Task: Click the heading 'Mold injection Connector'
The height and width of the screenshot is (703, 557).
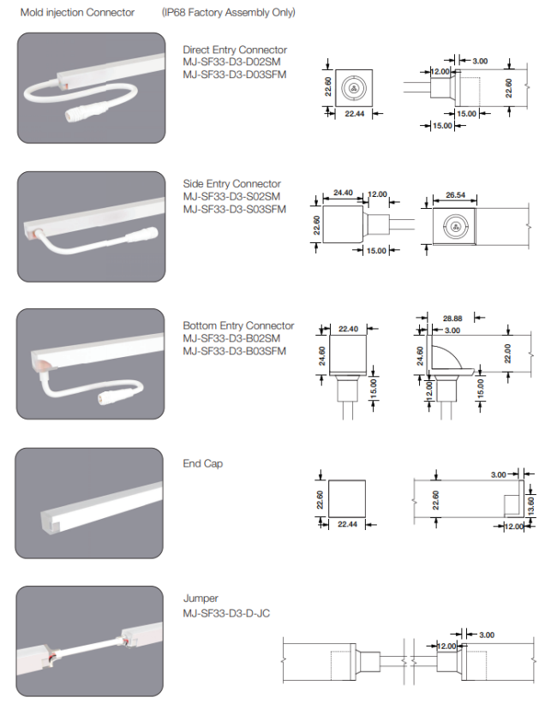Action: click(77, 13)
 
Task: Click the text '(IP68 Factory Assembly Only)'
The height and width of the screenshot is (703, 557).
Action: click(229, 13)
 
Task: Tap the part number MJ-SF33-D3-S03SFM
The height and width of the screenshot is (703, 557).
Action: click(234, 209)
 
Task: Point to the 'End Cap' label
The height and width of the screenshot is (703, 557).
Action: click(203, 463)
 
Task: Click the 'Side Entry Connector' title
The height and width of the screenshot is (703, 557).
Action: click(231, 183)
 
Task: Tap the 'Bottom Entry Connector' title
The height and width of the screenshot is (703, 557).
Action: click(238, 325)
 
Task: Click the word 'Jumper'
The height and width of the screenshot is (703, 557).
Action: click(201, 599)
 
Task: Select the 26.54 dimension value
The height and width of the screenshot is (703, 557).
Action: click(456, 195)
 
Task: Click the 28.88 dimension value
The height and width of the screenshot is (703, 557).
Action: click(452, 318)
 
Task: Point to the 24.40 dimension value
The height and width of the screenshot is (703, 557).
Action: click(343, 194)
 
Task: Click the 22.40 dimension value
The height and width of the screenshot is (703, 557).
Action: click(349, 328)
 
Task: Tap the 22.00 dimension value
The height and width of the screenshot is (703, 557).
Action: click(507, 353)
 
